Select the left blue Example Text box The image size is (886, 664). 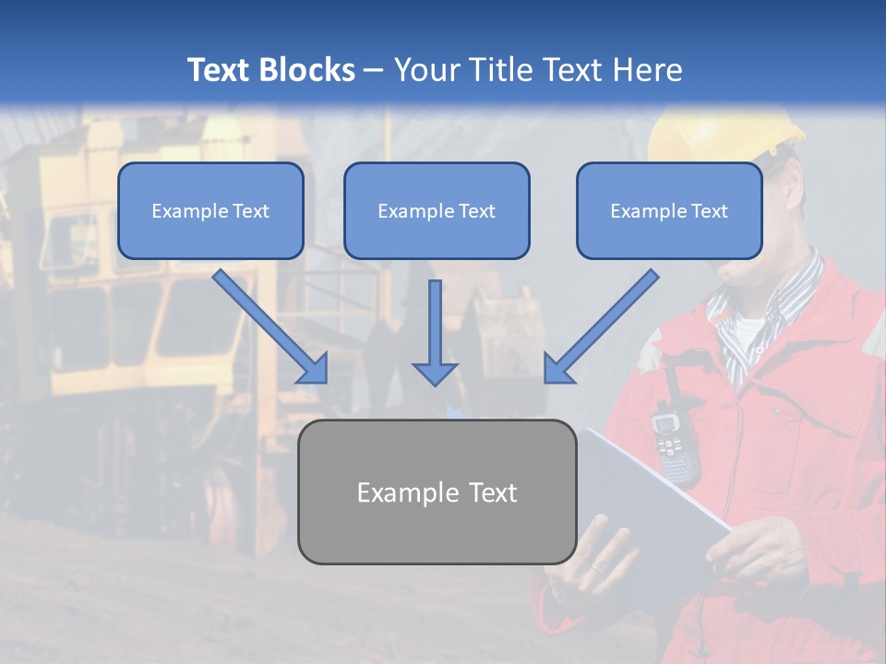tap(210, 211)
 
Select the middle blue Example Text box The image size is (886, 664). tap(437, 211)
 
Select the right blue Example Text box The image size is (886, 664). tap(669, 211)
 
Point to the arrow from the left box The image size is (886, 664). tap(269, 326)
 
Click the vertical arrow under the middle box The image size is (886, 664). tap(435, 331)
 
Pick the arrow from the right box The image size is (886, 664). tap(602, 326)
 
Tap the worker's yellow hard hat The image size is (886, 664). tap(720, 129)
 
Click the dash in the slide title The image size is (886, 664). tap(374, 70)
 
